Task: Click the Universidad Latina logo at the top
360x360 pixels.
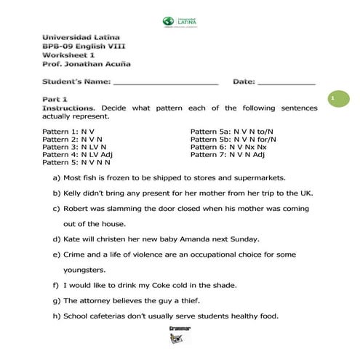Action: pyautogui.click(x=180, y=22)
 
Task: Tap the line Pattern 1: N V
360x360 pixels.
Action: pyautogui.click(x=66, y=131)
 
